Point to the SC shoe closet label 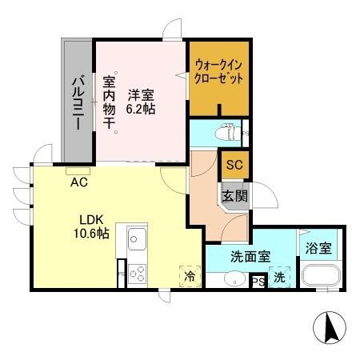pyautogui.click(x=234, y=166)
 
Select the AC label pyautogui.click(x=78, y=182)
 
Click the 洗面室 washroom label pyautogui.click(x=250, y=258)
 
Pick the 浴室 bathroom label pyautogui.click(x=319, y=249)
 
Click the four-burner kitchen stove pyautogui.click(x=135, y=274)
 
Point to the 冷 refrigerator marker pyautogui.click(x=190, y=275)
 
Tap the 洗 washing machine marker pyautogui.click(x=278, y=278)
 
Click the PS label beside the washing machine pyautogui.click(x=258, y=281)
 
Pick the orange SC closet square pyautogui.click(x=234, y=166)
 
